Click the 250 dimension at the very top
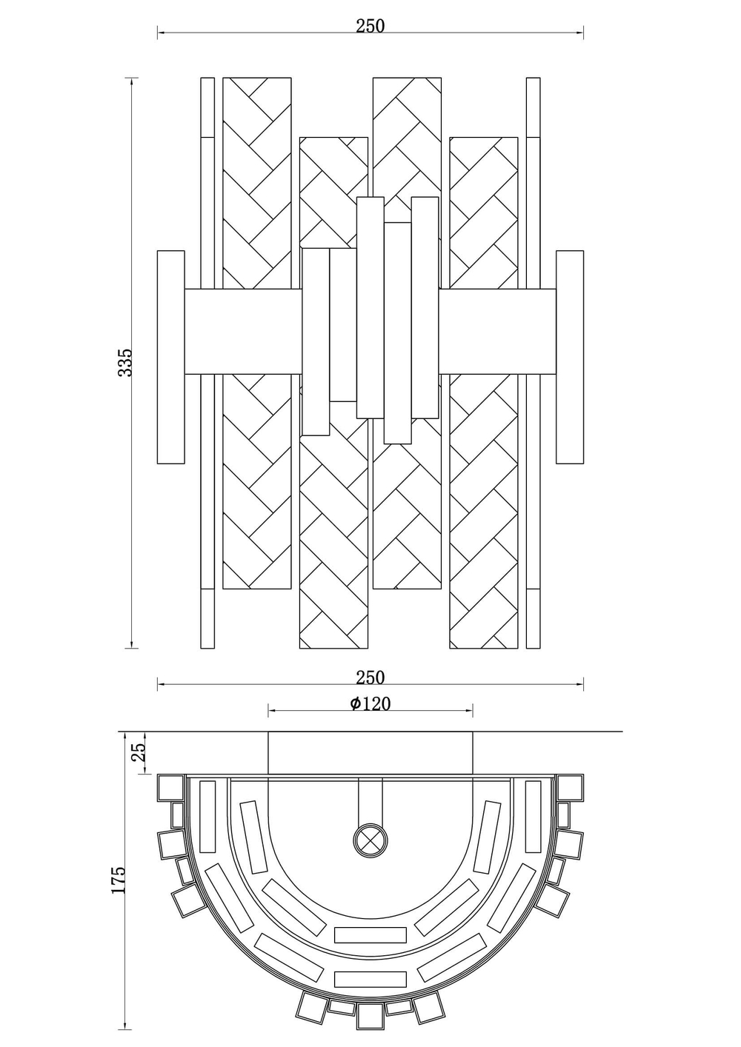coord(370,26)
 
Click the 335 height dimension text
coord(126,362)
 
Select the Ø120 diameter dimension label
coord(370,703)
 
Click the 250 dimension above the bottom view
coord(370,677)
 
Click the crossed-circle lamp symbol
coord(370,840)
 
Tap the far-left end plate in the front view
coord(170,358)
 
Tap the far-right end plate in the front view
coord(570,358)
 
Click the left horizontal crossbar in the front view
coord(243,331)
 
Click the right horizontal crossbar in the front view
coord(497,331)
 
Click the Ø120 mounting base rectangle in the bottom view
coord(370,753)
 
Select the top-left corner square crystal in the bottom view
coord(172,787)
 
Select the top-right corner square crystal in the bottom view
coord(569,787)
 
